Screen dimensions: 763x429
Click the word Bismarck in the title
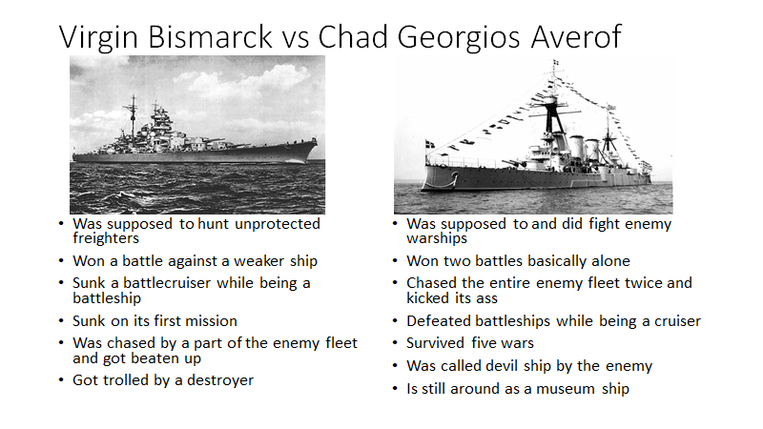[x=210, y=36]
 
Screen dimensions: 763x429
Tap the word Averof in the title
[x=576, y=36]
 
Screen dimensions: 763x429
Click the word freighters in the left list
[x=106, y=238]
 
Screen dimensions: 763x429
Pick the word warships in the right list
[x=437, y=238]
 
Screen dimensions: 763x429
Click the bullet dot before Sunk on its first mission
[x=61, y=321]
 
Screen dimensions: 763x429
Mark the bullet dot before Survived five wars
[x=395, y=343]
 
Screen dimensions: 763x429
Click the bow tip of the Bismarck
[x=317, y=140]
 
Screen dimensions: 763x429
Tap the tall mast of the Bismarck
[x=133, y=116]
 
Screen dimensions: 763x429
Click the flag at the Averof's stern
[x=430, y=145]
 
